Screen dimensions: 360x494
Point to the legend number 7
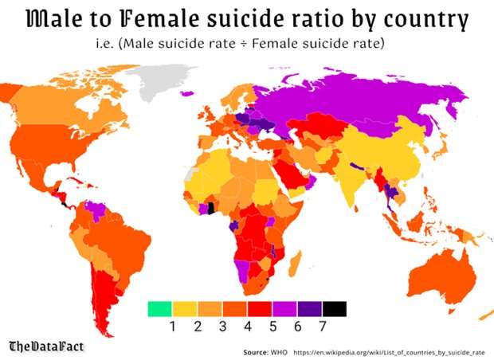click(x=323, y=327)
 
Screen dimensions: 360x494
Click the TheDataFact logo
click(x=46, y=346)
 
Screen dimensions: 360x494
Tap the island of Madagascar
click(x=294, y=264)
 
